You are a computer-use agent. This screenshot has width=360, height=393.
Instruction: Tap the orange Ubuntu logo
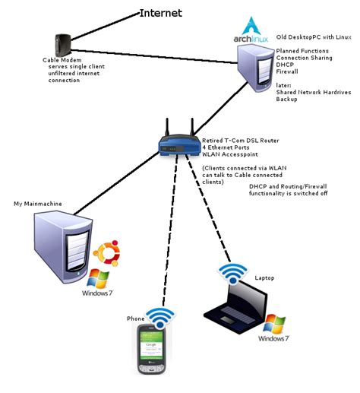104,254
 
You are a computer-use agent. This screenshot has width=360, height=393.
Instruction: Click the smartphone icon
152,349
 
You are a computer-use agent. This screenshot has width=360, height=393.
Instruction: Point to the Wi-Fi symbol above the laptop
232,272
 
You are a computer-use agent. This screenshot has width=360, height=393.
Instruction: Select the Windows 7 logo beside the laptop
270,326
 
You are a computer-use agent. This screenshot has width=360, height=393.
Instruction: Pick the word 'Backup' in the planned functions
286,100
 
